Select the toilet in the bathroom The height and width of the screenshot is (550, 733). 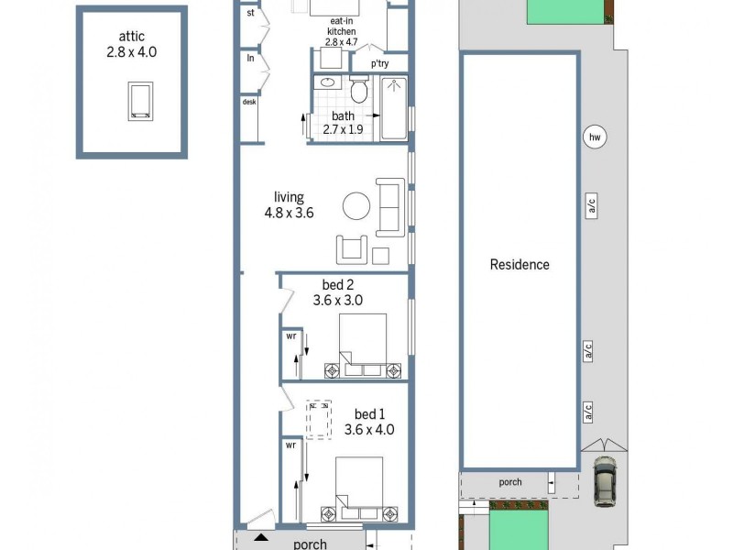click(359, 91)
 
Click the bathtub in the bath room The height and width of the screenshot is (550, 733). click(394, 109)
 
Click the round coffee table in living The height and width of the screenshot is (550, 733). click(357, 205)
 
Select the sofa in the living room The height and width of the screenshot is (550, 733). click(388, 208)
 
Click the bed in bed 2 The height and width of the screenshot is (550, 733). click(363, 346)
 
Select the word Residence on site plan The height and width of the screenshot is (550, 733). click(520, 265)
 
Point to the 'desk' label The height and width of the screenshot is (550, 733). click(249, 103)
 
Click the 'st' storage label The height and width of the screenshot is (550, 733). click(250, 14)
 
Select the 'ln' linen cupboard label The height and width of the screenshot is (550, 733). click(250, 58)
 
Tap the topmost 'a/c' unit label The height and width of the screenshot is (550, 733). click(592, 208)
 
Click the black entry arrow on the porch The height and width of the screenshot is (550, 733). click(261, 537)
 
